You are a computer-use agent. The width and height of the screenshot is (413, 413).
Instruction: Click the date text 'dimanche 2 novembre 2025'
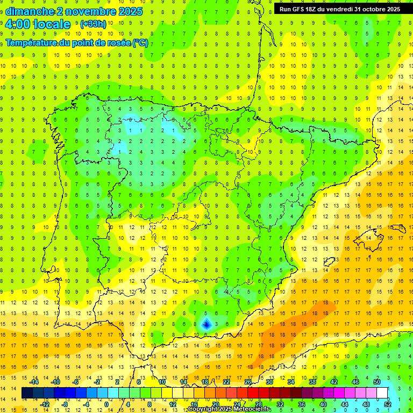click(x=74, y=11)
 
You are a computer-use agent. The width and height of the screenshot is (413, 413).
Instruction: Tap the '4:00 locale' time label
click(x=38, y=24)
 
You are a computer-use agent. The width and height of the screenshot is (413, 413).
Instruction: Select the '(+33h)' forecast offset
click(x=93, y=24)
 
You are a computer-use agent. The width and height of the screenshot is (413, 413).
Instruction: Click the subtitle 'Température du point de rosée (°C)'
click(x=77, y=43)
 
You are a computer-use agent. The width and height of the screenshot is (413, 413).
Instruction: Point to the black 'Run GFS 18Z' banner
click(x=340, y=9)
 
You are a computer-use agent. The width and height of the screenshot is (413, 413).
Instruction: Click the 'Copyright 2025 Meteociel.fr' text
click(x=229, y=409)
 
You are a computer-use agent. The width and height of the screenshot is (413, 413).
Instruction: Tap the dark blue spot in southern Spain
click(x=206, y=324)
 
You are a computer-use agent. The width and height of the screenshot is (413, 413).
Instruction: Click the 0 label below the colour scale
click(x=106, y=404)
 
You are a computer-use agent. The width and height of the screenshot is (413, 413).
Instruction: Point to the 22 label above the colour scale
click(x=226, y=382)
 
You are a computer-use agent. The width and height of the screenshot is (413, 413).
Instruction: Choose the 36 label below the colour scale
click(x=302, y=404)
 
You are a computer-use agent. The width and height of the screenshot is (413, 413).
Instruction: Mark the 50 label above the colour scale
click(x=377, y=382)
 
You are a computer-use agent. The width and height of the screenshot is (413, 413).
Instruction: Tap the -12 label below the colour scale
click(x=45, y=404)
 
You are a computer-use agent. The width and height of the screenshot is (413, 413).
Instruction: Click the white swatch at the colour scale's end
click(x=382, y=393)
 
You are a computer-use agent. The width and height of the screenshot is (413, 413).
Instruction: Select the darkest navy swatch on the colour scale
click(x=27, y=393)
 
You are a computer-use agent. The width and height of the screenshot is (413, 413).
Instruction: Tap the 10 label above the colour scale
click(x=162, y=382)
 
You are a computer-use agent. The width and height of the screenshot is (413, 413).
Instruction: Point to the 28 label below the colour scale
click(x=259, y=404)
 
